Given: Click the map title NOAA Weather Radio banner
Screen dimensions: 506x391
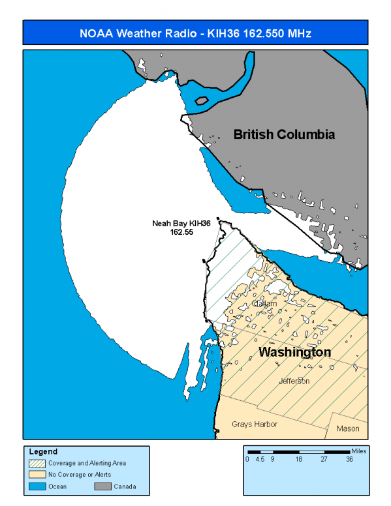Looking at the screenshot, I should pos(195,33).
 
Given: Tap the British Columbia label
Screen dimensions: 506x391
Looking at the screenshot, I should pos(284,135).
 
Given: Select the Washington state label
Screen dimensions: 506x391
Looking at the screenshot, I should pos(294,352).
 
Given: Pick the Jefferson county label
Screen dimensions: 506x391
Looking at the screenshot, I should pos(294,381).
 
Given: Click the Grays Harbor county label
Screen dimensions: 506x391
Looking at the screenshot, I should pos(255,424).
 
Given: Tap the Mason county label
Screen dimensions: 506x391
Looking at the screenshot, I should pos(348,428).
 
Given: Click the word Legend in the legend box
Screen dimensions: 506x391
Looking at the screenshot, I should pos(43,451).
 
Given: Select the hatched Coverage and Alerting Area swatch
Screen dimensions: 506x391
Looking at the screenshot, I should pos(38,463).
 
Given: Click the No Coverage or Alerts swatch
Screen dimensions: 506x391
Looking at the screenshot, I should pos(38,474).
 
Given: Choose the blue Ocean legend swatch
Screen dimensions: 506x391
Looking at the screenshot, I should pos(38,486).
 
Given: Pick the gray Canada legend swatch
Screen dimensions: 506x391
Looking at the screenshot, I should pos(102,486).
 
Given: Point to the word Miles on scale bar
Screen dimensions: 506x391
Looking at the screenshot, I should pos(358,451).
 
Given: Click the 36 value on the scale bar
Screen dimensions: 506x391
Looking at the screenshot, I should pos(350,459).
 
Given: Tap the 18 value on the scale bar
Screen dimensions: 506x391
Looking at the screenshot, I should pos(298,459).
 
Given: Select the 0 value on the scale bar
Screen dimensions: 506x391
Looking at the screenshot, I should pos(247,459).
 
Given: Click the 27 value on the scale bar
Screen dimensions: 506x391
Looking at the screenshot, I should pos(324,459).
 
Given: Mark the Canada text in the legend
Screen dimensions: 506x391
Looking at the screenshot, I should pos(125,486).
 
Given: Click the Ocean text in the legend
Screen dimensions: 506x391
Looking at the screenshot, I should pos(58,486).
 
